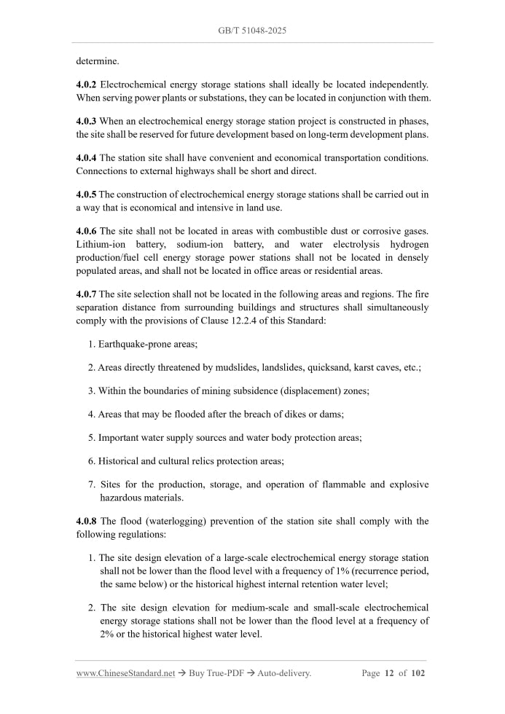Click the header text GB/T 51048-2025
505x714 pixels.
click(x=252, y=31)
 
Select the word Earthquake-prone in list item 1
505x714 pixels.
click(x=136, y=343)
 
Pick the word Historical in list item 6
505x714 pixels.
click(x=122, y=460)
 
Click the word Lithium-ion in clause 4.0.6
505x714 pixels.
click(x=100, y=245)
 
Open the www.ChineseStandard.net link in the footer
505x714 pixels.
click(x=125, y=673)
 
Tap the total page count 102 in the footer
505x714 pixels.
click(x=418, y=673)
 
